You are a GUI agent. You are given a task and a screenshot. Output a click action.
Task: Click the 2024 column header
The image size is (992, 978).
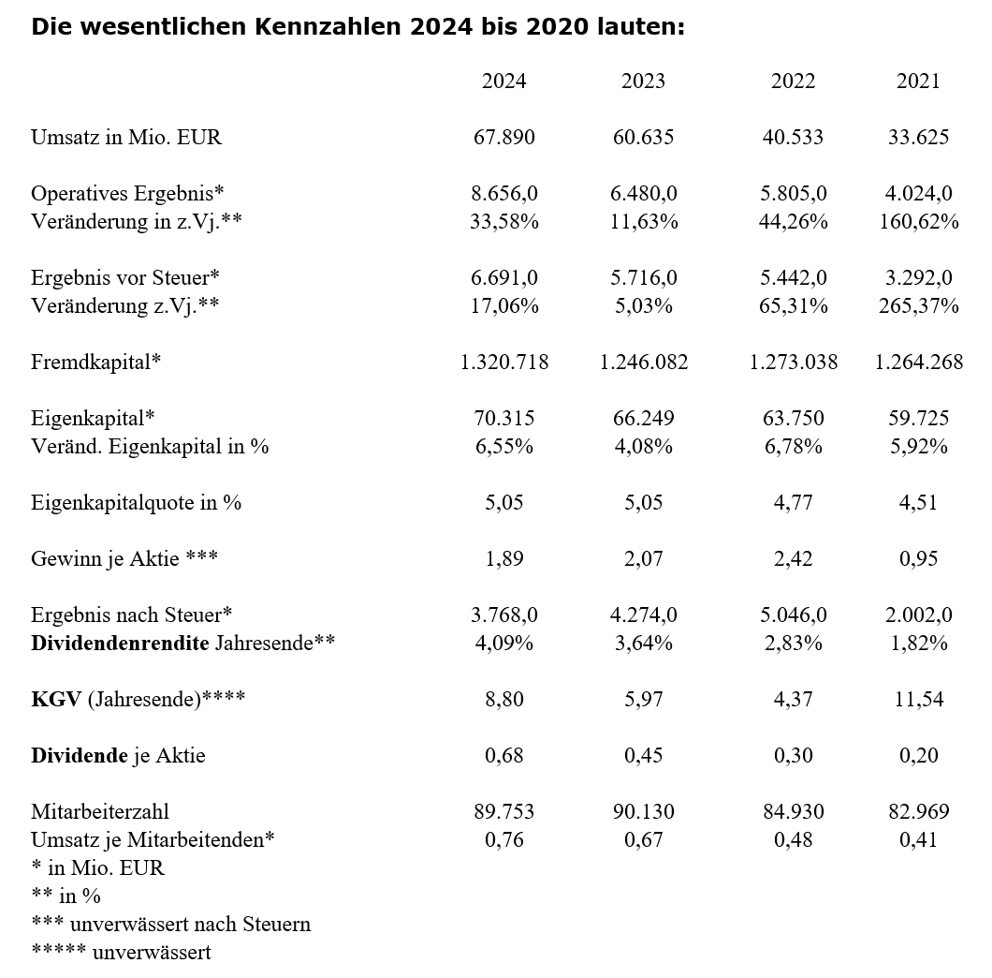[503, 81]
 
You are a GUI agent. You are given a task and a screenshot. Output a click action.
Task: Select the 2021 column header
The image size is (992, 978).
[917, 81]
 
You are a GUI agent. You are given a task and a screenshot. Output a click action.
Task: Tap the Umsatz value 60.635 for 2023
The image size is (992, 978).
[643, 138]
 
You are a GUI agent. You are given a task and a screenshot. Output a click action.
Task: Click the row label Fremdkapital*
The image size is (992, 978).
[95, 363]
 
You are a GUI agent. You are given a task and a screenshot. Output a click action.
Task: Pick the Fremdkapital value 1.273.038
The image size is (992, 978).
[793, 363]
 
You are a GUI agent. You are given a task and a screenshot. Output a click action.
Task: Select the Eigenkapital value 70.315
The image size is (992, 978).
[503, 419]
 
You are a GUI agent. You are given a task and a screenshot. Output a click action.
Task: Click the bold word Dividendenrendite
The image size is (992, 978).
[120, 644]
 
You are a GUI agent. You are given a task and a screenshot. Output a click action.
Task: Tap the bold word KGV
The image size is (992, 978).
[55, 700]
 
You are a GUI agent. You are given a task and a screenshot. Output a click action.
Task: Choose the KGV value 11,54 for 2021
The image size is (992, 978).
[917, 700]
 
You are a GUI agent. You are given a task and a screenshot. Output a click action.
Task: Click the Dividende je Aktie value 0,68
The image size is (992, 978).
[503, 756]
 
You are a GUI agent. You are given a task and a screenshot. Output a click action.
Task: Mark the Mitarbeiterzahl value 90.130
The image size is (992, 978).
[643, 812]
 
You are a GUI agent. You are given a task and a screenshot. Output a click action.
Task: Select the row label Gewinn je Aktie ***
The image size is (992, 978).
[124, 559]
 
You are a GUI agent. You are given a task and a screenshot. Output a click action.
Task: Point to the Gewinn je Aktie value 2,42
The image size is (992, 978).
[793, 559]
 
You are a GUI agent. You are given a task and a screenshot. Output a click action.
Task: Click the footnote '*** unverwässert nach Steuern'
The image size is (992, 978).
[170, 925]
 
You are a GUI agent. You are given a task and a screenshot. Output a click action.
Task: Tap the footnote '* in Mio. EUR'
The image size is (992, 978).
[97, 868]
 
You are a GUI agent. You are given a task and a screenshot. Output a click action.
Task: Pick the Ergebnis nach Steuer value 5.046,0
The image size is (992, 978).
[793, 615]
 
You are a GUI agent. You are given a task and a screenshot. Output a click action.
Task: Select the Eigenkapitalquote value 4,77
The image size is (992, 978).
[793, 503]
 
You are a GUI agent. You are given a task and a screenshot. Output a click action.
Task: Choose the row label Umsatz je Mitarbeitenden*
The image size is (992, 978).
[153, 840]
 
